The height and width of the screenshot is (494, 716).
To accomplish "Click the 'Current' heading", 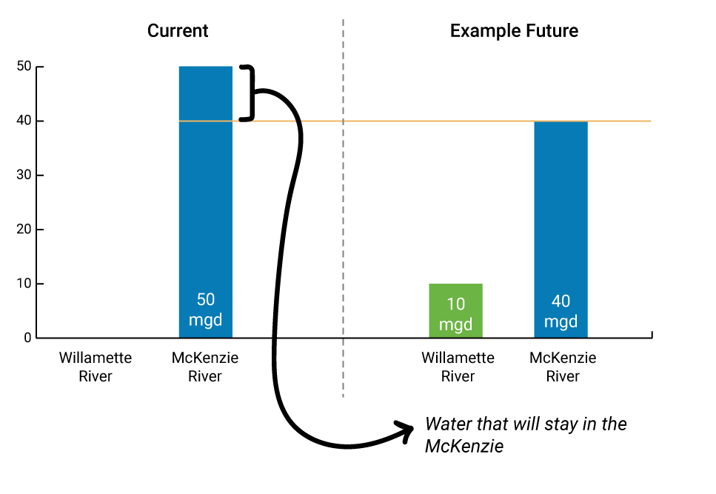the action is pos(178,30).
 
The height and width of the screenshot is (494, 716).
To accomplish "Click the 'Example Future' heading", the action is pos(514,30).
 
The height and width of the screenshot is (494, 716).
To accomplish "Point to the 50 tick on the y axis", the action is pos(24,66).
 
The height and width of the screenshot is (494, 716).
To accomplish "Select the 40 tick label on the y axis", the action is pos(24,121).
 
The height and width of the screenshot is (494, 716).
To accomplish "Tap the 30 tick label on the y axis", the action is pos(24,175).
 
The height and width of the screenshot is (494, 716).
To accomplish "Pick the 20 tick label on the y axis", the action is pos(24,229).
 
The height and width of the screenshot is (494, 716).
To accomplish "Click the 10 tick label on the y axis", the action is pos(24,284).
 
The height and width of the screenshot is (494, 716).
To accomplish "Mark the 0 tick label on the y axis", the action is pos(28,338).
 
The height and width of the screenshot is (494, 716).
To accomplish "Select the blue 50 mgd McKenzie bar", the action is pos(206,201).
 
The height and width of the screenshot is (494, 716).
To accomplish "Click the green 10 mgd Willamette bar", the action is pos(455,310).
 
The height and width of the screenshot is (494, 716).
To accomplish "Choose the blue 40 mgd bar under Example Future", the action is pos(561,230).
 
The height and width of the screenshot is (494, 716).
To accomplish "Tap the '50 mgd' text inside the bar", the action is pos(206,310).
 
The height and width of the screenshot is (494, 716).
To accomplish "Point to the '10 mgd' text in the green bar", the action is pos(455,314).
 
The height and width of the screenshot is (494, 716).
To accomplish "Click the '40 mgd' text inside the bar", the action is pos(561,311).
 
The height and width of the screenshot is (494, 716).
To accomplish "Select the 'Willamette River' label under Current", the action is pos(96,367).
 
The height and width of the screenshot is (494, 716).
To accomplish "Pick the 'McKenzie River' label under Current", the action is pos(205,367).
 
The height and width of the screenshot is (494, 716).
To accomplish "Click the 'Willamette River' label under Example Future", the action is pos(458,367).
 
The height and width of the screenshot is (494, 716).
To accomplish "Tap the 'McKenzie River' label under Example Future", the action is pos(563,367).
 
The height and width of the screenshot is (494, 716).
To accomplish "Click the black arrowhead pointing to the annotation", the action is pos(406,430).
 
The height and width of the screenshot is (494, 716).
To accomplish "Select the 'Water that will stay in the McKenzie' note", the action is pos(526,435).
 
